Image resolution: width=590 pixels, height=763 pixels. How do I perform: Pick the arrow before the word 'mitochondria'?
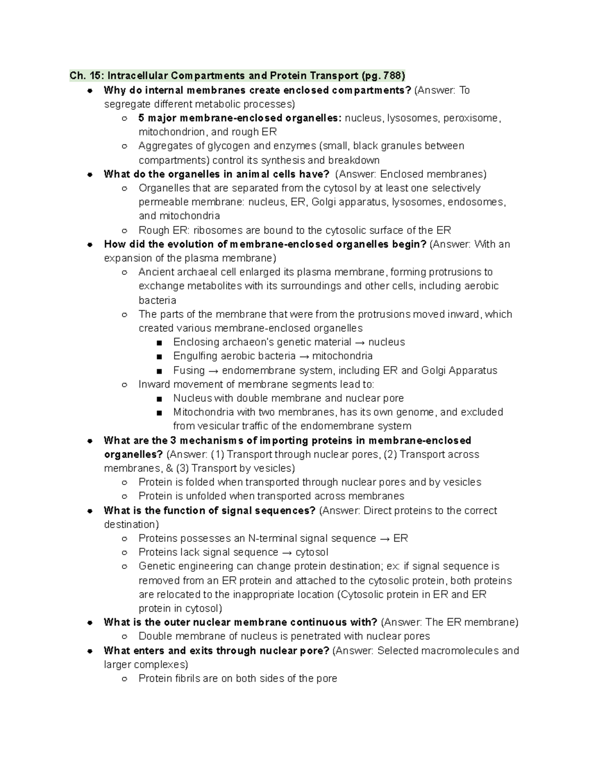[304, 356]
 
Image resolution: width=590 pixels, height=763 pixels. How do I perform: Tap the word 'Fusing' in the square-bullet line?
[189, 370]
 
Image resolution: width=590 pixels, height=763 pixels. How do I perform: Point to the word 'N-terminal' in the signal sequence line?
[272, 538]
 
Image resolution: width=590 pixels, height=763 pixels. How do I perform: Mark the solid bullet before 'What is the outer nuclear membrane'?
[89, 622]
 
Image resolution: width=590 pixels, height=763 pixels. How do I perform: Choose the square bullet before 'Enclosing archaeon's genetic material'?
[159, 342]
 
